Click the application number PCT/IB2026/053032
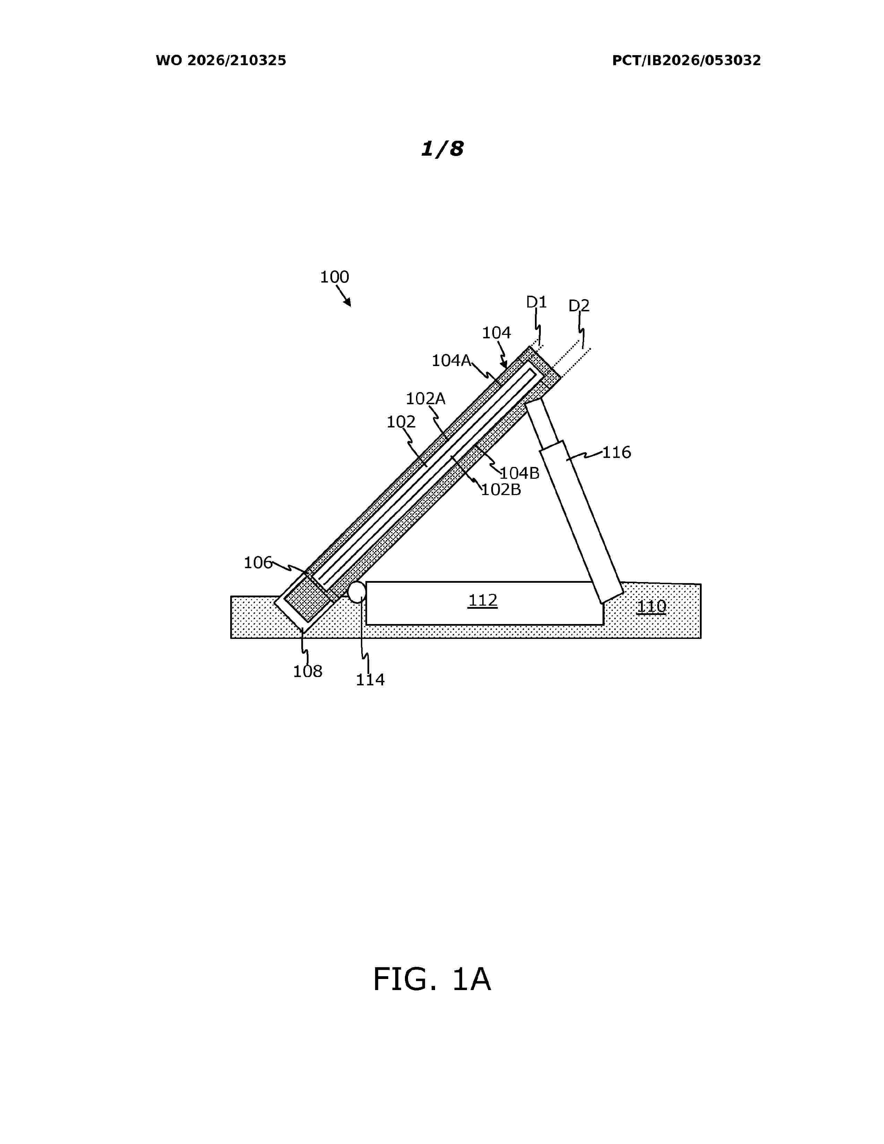(x=686, y=61)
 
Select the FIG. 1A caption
(x=432, y=980)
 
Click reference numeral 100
(x=334, y=277)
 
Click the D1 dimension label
(x=536, y=302)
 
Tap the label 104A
(x=451, y=361)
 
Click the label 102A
(x=425, y=399)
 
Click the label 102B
(x=501, y=490)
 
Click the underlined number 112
(x=482, y=600)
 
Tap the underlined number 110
(x=651, y=607)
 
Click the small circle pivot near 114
(x=357, y=592)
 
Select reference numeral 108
(x=307, y=671)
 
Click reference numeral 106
(x=258, y=563)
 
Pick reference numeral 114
(x=370, y=680)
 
